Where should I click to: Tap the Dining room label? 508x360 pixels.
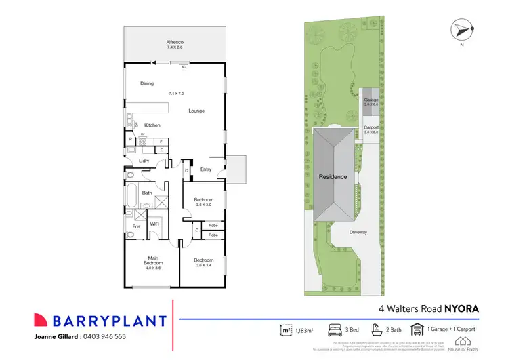click(x=147, y=84)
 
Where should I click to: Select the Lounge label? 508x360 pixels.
click(x=196, y=111)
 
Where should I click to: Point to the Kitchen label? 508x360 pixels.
click(x=152, y=125)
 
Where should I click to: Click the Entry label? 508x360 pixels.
click(x=206, y=169)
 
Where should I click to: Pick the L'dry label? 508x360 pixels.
click(x=144, y=161)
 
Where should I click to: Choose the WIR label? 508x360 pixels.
click(x=154, y=222)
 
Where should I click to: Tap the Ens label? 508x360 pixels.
click(x=136, y=226)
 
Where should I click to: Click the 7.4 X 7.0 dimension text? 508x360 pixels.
click(x=176, y=93)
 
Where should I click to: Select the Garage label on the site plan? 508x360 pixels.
click(x=371, y=100)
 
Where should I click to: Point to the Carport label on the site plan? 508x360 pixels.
click(x=371, y=127)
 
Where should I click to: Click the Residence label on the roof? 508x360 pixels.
click(x=333, y=177)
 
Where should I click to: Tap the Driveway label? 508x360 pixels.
click(x=358, y=233)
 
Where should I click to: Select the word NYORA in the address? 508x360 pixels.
click(x=463, y=308)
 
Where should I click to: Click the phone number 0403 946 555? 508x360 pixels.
click(x=104, y=336)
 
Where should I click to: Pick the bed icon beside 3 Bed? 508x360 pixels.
click(x=335, y=329)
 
